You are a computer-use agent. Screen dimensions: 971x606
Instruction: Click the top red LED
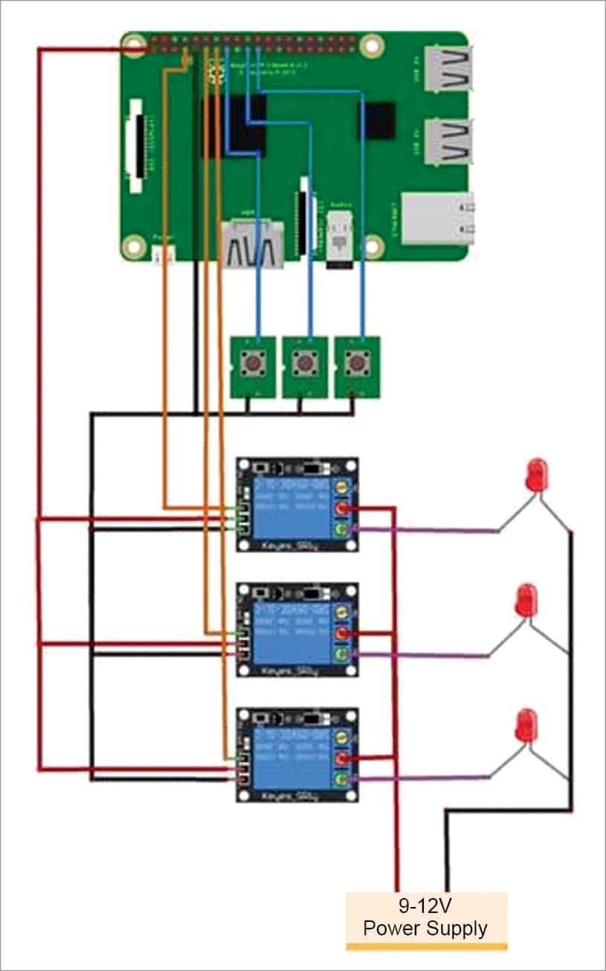(x=535, y=475)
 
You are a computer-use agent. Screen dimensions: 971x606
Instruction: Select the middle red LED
(x=526, y=600)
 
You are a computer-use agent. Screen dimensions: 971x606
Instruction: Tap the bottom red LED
(x=526, y=725)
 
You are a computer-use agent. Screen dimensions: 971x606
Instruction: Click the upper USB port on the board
(x=448, y=68)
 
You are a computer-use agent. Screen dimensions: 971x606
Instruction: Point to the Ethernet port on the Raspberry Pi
(x=439, y=218)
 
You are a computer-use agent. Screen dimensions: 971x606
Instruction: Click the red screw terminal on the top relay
(x=341, y=509)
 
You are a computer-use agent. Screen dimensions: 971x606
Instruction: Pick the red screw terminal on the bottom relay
(x=341, y=759)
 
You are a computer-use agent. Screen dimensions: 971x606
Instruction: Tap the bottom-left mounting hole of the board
(x=135, y=245)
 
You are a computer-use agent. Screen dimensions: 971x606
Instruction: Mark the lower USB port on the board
(x=448, y=141)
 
